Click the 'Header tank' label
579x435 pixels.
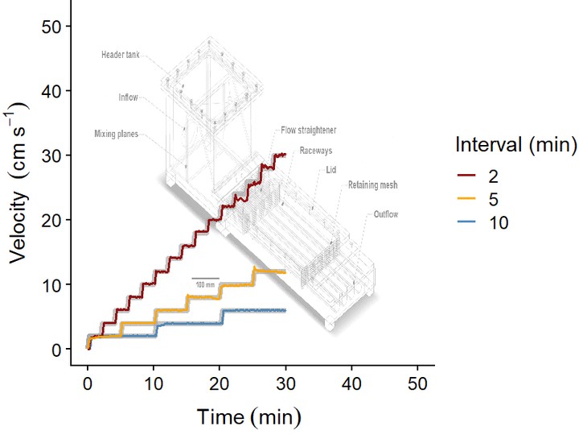coord(120,55)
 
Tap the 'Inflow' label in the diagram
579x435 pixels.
coord(127,97)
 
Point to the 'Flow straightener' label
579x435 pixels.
coord(308,129)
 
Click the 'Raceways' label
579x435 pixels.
coord(315,150)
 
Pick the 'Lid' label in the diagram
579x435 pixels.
coord(331,169)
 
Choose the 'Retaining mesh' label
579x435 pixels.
coord(372,185)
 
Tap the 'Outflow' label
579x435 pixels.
coord(385,214)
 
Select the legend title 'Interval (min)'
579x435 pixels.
coord(515,146)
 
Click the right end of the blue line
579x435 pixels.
coord(285,310)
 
